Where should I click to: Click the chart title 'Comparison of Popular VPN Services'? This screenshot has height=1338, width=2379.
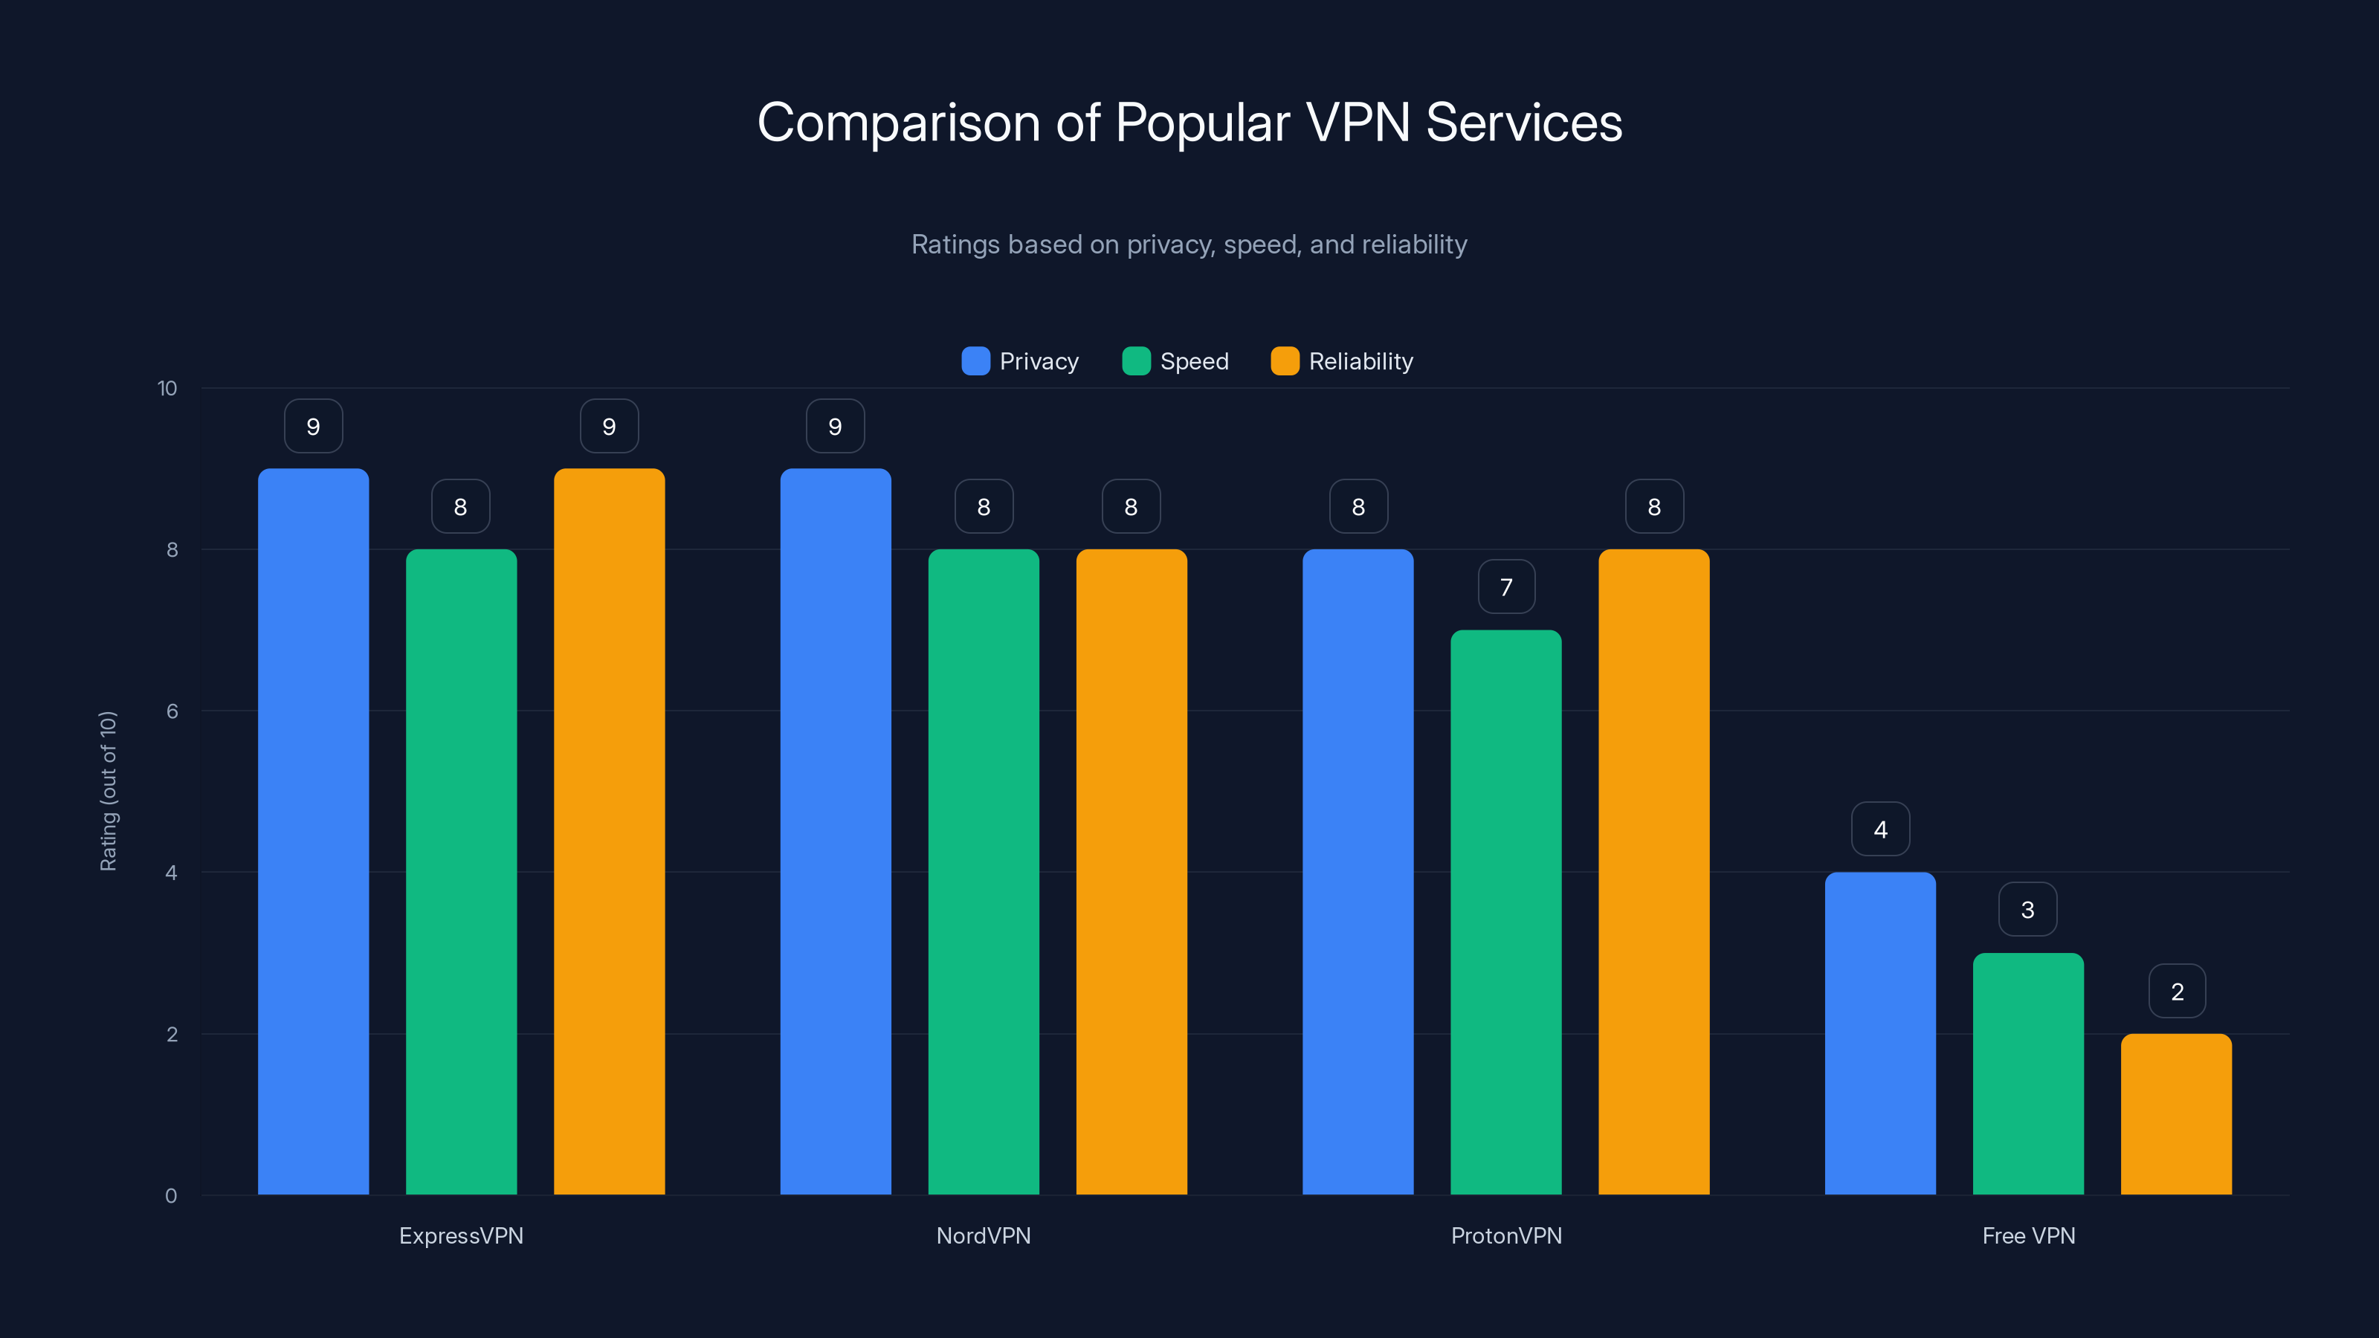pyautogui.click(x=1189, y=123)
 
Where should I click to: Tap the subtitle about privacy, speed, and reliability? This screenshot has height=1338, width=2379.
pyautogui.click(x=1189, y=245)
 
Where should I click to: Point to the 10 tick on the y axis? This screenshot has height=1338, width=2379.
pyautogui.click(x=167, y=389)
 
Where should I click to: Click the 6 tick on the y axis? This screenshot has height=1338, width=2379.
pyautogui.click(x=172, y=711)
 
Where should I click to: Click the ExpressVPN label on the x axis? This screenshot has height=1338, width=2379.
pyautogui.click(x=461, y=1235)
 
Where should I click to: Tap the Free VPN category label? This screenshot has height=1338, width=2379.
pyautogui.click(x=2028, y=1235)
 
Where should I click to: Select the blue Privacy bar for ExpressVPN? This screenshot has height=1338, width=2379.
pyautogui.click(x=313, y=831)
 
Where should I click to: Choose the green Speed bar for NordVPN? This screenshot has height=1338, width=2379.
pyautogui.click(x=984, y=872)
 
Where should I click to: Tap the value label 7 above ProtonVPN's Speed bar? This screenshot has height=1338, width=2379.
pyautogui.click(x=1506, y=587)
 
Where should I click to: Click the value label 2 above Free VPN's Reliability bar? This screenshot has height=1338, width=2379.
pyautogui.click(x=2177, y=992)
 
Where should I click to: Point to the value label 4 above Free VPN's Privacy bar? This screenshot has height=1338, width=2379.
pyautogui.click(x=1880, y=830)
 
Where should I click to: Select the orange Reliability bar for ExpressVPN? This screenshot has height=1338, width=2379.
pyautogui.click(x=609, y=831)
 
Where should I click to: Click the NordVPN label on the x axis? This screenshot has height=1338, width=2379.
pyautogui.click(x=984, y=1235)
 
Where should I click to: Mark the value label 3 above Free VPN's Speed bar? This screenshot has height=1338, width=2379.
pyautogui.click(x=2027, y=911)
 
